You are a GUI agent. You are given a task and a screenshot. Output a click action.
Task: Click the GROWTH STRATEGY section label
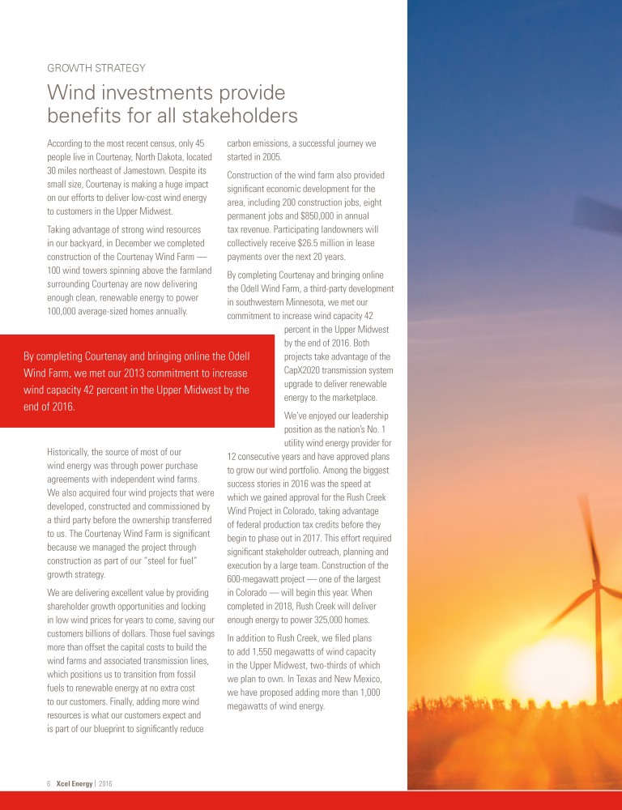point(96,67)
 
